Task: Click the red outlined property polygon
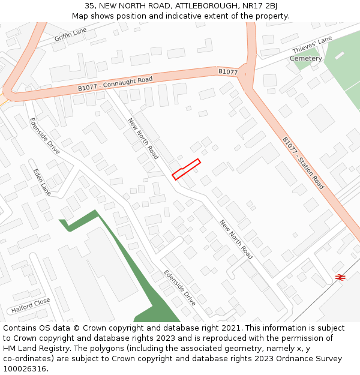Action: pyautogui.click(x=186, y=169)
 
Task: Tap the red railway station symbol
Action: pyautogui.click(x=340, y=277)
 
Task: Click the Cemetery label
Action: pyautogui.click(x=306, y=58)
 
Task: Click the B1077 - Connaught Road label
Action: pyautogui.click(x=115, y=83)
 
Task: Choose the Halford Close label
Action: pyautogui.click(x=31, y=306)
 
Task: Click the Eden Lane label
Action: pyautogui.click(x=42, y=182)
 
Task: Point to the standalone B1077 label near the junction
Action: pyautogui.click(x=228, y=72)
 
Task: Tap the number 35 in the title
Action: pyautogui.click(x=90, y=6)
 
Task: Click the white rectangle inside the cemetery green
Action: pyautogui.click(x=340, y=55)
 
